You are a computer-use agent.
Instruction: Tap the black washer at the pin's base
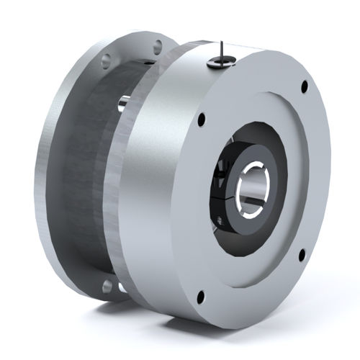click(x=215, y=63)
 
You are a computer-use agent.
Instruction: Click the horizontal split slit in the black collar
click(x=222, y=193)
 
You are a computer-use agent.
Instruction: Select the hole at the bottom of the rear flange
click(x=107, y=287)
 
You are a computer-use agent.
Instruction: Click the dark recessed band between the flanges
click(x=86, y=180)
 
